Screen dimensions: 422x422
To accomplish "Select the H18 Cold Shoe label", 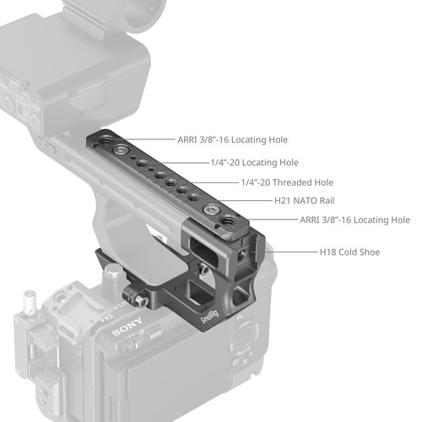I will pyautogui.click(x=349, y=252).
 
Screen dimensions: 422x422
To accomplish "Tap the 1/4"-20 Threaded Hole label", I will pyautogui.click(x=287, y=182).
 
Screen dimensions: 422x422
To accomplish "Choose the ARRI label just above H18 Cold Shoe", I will pyautogui.click(x=354, y=219).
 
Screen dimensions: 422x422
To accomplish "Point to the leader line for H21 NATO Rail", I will pyautogui.click(x=237, y=201).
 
